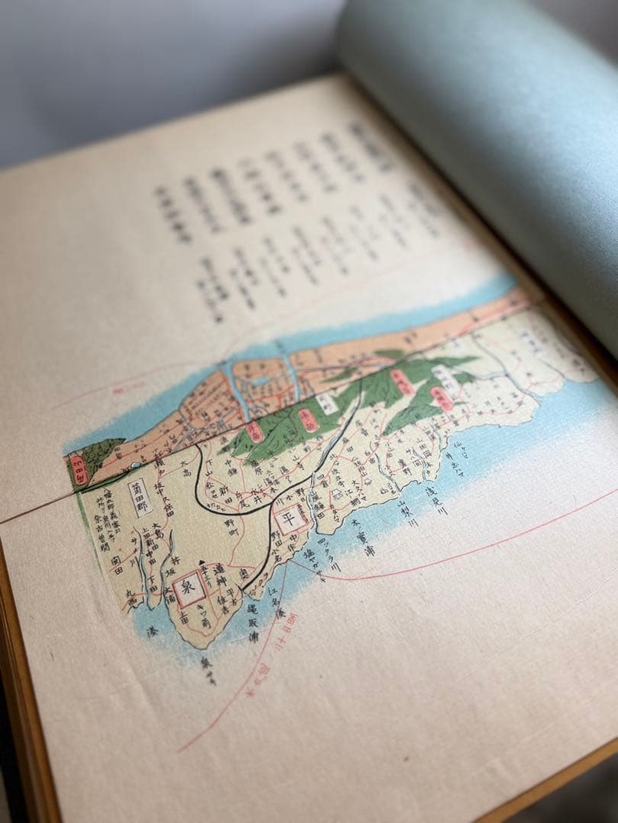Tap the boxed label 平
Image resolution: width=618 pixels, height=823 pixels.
(x=288, y=521)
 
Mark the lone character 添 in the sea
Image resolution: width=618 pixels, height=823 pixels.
(x=153, y=632)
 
